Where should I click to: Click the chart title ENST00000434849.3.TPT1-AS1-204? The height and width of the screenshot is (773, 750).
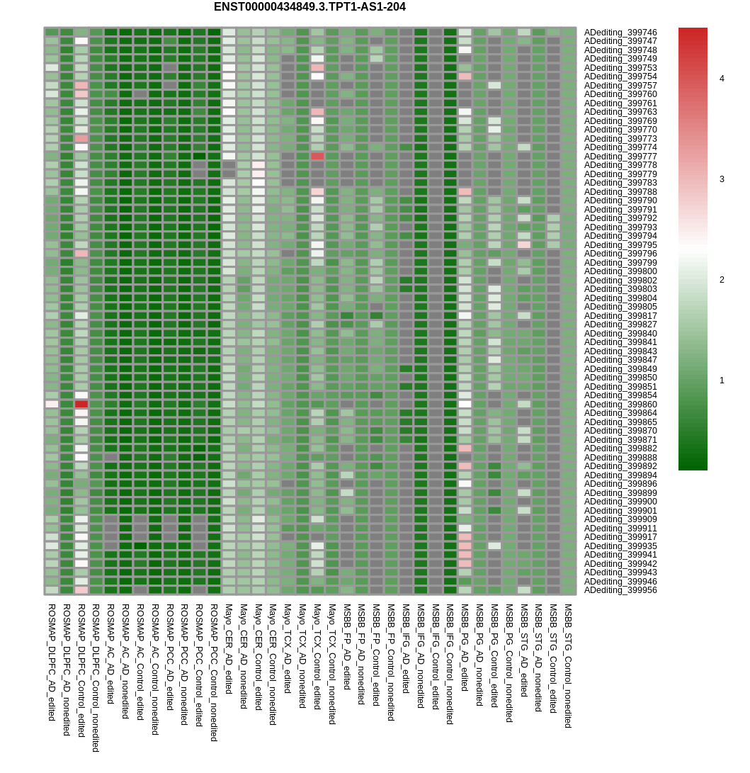[x=309, y=7]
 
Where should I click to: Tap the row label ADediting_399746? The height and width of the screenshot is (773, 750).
[x=620, y=33]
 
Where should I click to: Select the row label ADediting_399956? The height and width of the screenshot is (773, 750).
[x=620, y=590]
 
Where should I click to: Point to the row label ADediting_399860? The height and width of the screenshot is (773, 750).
[x=620, y=405]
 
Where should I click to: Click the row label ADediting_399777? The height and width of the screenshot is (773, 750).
[x=620, y=157]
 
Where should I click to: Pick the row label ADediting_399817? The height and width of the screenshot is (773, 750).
[x=620, y=316]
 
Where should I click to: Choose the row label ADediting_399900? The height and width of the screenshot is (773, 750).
[x=620, y=502]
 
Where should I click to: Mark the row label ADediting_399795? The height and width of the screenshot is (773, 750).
[x=620, y=245]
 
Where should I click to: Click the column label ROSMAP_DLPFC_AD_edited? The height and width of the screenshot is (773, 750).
[x=52, y=662]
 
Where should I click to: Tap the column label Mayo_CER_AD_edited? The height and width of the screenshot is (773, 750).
[x=229, y=649]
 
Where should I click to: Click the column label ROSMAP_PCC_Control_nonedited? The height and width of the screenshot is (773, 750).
[x=214, y=672]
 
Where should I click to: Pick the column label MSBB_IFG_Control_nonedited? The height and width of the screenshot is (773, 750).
[x=450, y=664]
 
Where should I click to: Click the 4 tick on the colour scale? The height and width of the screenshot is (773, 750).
[x=722, y=79]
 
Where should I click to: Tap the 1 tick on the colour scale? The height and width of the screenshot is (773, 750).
[x=722, y=380]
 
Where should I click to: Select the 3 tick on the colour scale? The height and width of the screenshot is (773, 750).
[x=722, y=179]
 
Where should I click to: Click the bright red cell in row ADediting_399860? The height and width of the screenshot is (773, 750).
[x=81, y=404]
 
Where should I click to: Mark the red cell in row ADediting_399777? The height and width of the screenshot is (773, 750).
[x=317, y=156]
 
